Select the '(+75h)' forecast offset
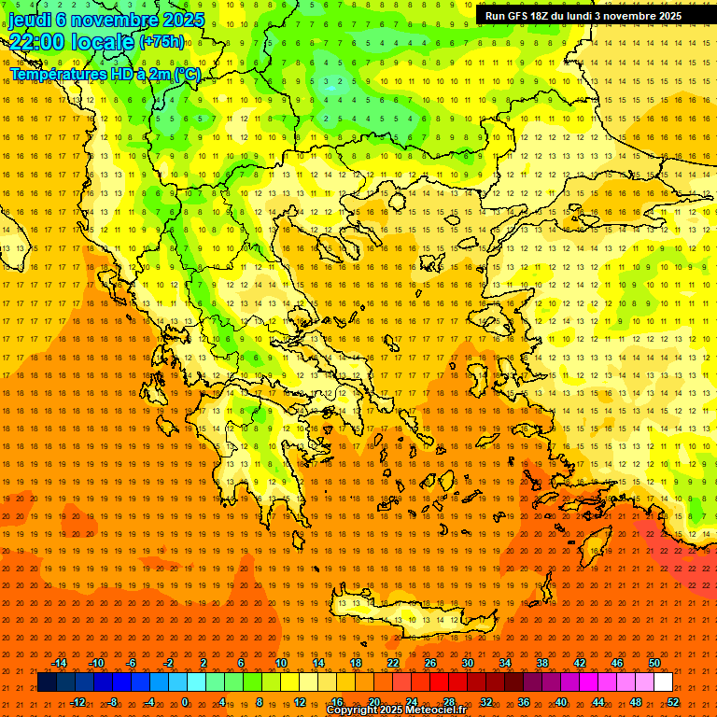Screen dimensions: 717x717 point(162,42)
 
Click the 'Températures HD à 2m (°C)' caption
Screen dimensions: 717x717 point(105,74)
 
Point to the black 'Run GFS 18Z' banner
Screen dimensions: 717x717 point(583,16)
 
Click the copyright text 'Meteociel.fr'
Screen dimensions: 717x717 point(435,710)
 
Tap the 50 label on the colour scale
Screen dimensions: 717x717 point(654,663)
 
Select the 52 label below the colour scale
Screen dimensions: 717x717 point(673,701)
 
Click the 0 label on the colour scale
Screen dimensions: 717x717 point(185,701)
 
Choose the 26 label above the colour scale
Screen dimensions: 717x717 point(430,663)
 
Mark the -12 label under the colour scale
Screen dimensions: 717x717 point(78,701)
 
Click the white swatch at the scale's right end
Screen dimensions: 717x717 point(663,682)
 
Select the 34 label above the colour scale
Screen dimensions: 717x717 point(505,663)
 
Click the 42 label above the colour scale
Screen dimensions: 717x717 point(580,663)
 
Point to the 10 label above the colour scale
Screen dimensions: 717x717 point(281,663)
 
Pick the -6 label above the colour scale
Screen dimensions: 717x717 point(132,663)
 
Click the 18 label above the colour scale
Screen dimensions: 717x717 point(356,663)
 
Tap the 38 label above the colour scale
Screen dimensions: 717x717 point(542,663)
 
